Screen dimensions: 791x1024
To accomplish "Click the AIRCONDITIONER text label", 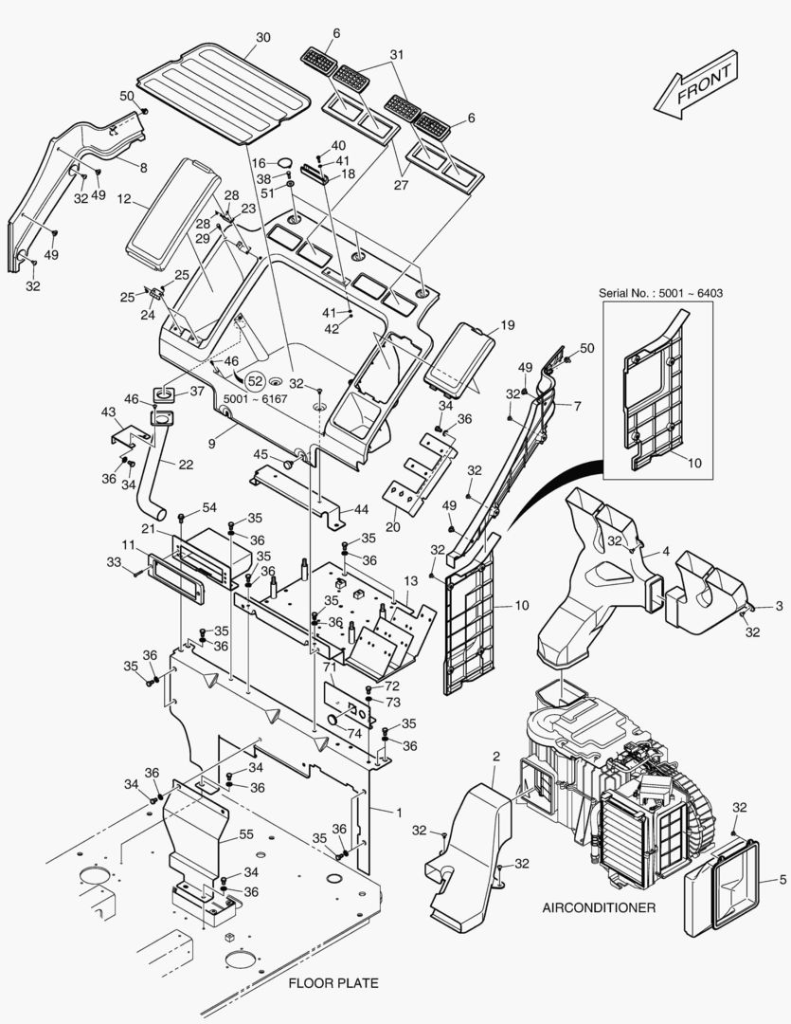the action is tap(599, 907).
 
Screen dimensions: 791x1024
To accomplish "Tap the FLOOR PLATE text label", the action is tap(333, 983).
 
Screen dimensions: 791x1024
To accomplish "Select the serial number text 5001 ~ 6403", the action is tap(691, 293).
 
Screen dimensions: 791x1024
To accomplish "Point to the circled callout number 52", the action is tap(256, 381).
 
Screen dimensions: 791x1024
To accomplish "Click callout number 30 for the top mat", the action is tap(263, 37).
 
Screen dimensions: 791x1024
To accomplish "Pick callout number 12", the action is tap(124, 198).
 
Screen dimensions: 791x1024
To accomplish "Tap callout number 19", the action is tap(508, 324).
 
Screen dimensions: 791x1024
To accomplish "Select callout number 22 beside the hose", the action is tap(186, 465).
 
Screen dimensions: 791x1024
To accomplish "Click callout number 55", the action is tap(246, 834).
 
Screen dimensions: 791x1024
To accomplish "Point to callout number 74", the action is tap(353, 734).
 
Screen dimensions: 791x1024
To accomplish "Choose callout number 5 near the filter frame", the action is tap(783, 880).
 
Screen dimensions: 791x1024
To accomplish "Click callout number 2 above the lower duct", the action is tap(496, 757).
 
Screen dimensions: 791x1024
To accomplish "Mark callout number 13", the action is tap(410, 580).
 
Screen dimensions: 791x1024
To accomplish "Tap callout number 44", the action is tap(361, 509).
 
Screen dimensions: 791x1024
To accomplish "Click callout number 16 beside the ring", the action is tap(260, 163).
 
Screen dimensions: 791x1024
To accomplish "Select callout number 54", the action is tap(208, 507).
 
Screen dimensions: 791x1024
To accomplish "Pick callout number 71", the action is tap(330, 667).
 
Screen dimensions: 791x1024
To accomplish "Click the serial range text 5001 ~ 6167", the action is tap(255, 398).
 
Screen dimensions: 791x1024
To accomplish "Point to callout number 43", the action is tap(108, 412).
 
